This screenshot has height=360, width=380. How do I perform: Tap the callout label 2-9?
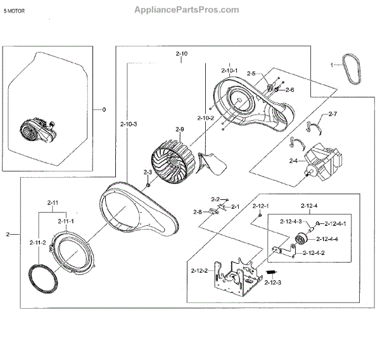180,130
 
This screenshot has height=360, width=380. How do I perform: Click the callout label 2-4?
293,162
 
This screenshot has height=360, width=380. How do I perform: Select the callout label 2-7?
333,115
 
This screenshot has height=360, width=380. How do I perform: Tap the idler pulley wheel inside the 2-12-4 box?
301,241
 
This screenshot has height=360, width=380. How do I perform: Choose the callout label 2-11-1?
66,221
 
